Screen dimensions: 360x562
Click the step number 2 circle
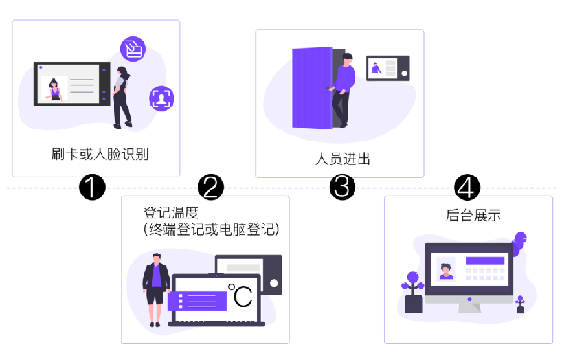pos(210,187)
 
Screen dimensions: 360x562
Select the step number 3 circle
pos(342,187)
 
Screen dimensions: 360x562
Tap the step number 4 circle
pos(467,187)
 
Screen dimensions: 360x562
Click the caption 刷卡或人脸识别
pos(100,154)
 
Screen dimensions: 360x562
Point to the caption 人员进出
pos(343,159)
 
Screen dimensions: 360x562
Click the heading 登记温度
pos(170,213)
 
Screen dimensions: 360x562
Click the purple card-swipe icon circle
pos(133,49)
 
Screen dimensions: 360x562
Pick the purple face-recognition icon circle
pos(161,98)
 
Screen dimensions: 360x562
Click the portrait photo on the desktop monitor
pos(445,268)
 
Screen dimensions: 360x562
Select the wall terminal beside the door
pos(388,68)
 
